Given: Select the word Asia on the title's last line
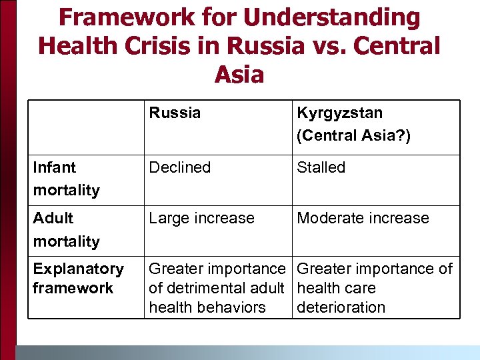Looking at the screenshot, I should [x=239, y=73].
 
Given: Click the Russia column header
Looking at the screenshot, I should [x=175, y=113].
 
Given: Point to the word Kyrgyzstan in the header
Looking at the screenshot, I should [x=340, y=113].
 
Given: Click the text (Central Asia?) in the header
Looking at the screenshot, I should [x=354, y=135].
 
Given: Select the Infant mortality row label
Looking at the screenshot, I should [x=66, y=179].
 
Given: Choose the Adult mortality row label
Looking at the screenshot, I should [x=66, y=229].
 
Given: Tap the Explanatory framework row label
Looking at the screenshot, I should [x=78, y=278].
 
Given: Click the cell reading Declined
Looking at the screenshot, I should [x=180, y=167].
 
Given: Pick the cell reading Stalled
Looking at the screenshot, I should [x=321, y=167].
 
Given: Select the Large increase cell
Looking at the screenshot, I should [x=201, y=218].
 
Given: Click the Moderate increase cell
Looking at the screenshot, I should [x=363, y=218].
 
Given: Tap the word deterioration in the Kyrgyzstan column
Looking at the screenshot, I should [x=341, y=307].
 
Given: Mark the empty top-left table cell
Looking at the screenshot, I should [x=86, y=127].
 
